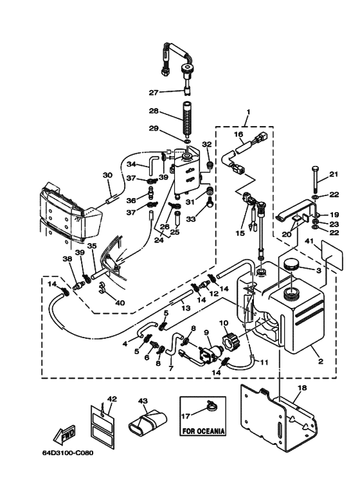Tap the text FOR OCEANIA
pos(203,431)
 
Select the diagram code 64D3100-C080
pos(67,453)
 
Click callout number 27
pos(154,93)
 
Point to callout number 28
pos(154,111)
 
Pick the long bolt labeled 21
pos(315,179)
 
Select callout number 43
pos(143,401)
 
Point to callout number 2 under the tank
pos(320,361)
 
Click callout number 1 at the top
pos(248,112)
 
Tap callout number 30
pos(108,175)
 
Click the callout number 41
pos(309,242)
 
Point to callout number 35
pos(91,246)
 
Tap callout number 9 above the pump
pos(206,332)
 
